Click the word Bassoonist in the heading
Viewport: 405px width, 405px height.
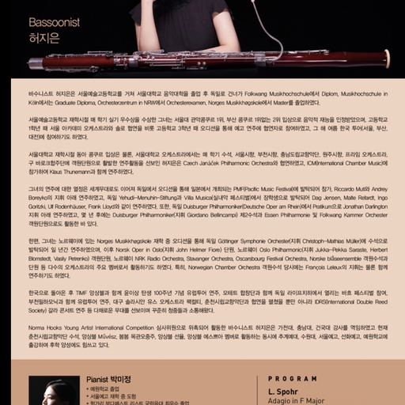pyautogui.click(x=49, y=23)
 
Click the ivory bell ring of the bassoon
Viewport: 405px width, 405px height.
pyautogui.click(x=387, y=59)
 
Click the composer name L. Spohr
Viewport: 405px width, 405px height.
pyautogui.click(x=282, y=391)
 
